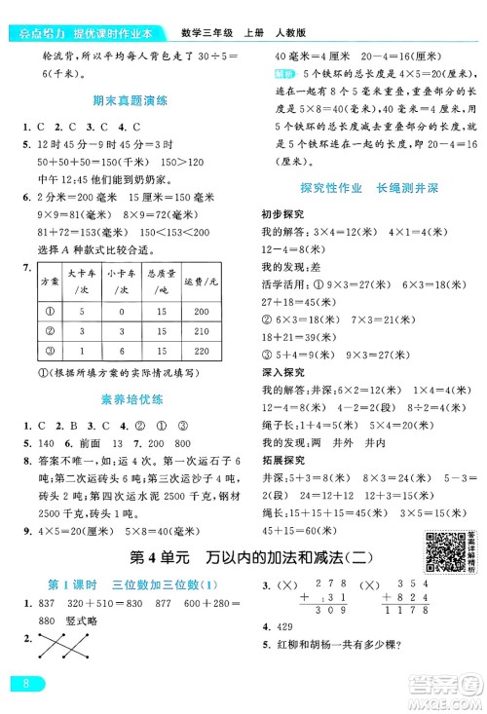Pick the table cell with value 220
(x=202, y=354)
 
